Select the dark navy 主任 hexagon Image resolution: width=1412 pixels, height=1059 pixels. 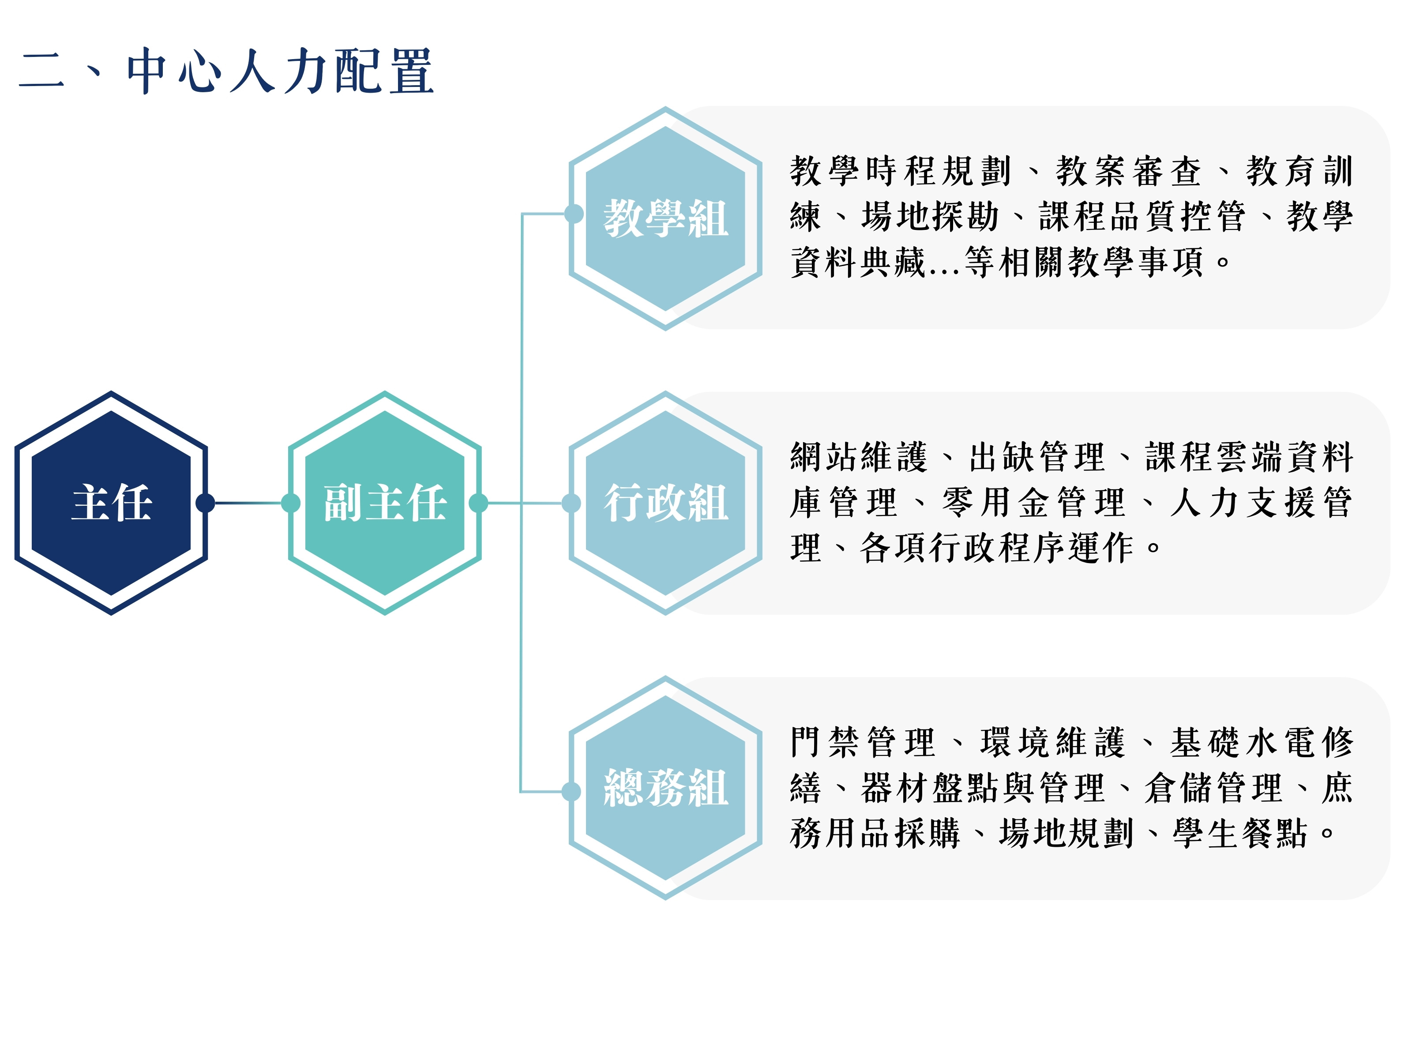point(111,503)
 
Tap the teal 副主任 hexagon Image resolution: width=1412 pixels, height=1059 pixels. point(384,503)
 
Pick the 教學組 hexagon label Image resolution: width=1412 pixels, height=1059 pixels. point(666,218)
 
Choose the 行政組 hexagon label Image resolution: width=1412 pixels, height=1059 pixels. point(666,503)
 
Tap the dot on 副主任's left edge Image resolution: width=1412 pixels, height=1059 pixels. point(291,503)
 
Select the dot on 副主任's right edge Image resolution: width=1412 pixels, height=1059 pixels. point(478,503)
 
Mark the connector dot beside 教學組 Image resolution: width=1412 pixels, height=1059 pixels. point(574,214)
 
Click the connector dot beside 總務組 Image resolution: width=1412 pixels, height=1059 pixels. point(571,792)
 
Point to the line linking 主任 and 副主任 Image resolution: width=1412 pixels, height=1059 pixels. point(248,503)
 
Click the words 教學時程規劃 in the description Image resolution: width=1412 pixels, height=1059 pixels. point(901,171)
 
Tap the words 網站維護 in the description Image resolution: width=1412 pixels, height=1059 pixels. point(859,457)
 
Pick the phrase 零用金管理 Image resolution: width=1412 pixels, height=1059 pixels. point(1033,503)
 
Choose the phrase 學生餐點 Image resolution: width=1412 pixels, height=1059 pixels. point(1240,834)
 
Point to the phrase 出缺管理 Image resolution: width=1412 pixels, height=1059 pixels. point(1036,457)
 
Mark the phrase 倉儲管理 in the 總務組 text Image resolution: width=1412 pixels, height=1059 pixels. point(1213,788)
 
